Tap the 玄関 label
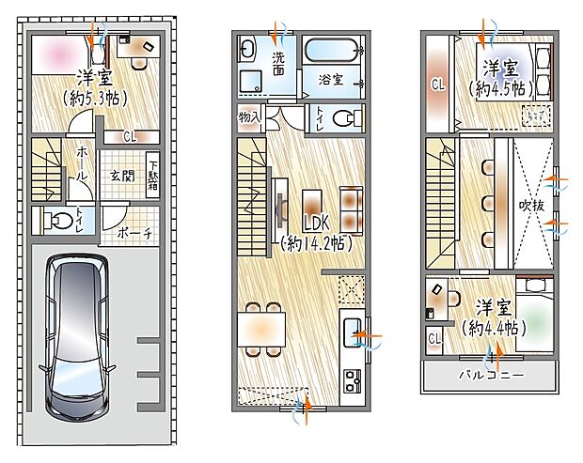(122, 175)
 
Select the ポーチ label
(136, 232)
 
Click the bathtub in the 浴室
(331, 50)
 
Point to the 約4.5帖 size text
(502, 88)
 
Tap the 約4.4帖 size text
(496, 329)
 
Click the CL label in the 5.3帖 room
(128, 136)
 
